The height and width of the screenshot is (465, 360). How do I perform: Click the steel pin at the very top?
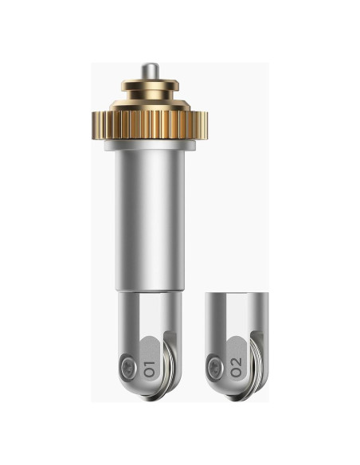(150, 71)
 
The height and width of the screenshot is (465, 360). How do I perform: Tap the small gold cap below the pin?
(150, 85)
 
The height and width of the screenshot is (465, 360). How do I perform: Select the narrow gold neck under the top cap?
(151, 96)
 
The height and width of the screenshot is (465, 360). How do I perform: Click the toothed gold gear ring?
(150, 124)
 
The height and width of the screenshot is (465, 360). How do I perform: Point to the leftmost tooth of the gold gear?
(94, 125)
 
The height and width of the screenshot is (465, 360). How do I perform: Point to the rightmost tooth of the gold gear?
(205, 125)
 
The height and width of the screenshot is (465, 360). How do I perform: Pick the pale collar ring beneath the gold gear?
(150, 145)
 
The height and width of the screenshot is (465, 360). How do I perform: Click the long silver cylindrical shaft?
(150, 221)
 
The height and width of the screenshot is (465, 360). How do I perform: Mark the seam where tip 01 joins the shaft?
(150, 292)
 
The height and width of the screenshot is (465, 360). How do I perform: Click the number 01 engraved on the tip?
(149, 369)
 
